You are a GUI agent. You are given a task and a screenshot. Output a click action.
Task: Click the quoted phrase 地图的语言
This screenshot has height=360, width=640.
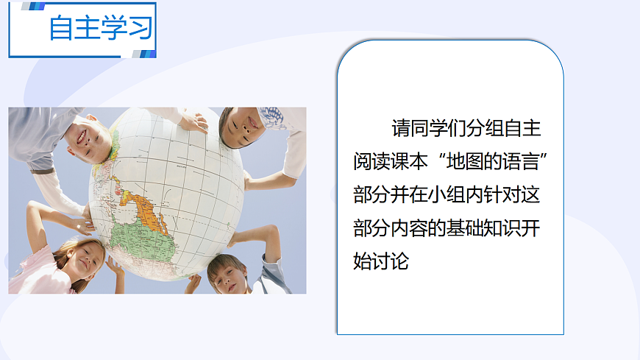coord(494,160)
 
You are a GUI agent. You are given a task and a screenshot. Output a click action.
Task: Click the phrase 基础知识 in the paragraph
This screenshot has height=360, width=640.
coord(485,227)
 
